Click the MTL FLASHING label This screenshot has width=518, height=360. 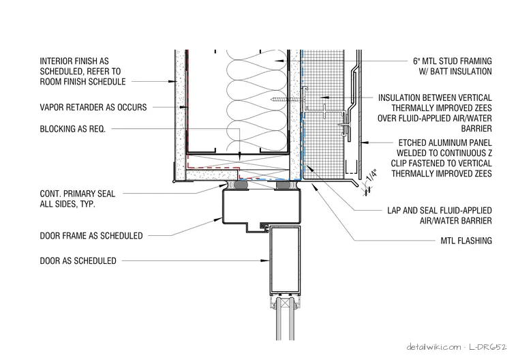coord(466,241)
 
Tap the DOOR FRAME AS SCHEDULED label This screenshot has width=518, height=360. coord(91,236)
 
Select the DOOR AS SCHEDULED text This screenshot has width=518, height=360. coord(78,261)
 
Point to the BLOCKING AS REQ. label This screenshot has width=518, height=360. coord(73,129)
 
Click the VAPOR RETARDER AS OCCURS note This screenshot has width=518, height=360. coord(93,108)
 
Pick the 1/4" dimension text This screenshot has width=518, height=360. coord(371,175)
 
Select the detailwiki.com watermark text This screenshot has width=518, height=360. coord(433,347)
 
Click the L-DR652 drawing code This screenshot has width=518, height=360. coord(487,347)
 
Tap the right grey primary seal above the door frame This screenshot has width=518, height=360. coord(286,185)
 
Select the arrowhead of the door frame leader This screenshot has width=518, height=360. coord(219,219)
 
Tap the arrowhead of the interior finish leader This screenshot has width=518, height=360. coord(171,81)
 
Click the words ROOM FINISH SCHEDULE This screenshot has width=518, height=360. coord(83,82)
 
